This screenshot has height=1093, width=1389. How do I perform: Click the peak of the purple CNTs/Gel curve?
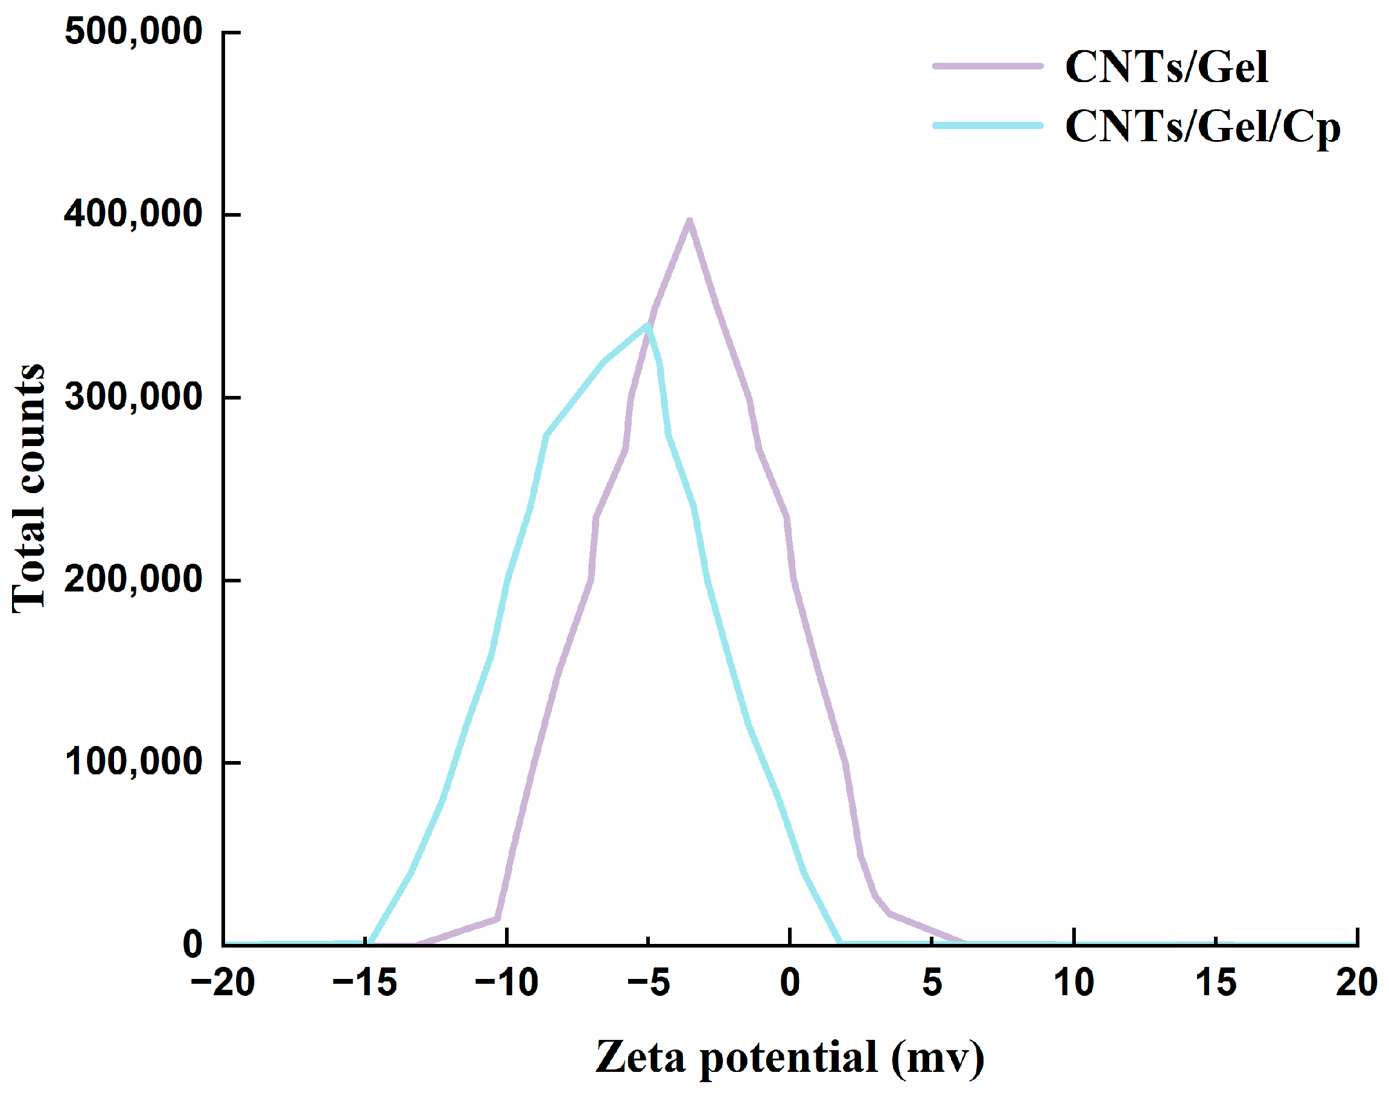pyautogui.click(x=689, y=222)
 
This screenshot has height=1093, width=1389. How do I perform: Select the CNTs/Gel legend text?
pyautogui.click(x=1166, y=66)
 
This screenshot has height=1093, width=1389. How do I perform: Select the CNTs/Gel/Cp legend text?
pyautogui.click(x=1202, y=126)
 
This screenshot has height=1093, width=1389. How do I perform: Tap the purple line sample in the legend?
pyautogui.click(x=987, y=66)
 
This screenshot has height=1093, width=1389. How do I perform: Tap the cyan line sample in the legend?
pyautogui.click(x=987, y=126)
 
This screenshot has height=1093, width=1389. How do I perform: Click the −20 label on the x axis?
pyautogui.click(x=223, y=983)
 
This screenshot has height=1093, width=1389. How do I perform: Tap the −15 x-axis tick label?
pyautogui.click(x=364, y=983)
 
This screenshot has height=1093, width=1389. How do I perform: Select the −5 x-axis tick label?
pyautogui.click(x=648, y=983)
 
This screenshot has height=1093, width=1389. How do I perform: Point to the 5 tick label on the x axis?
pyautogui.click(x=932, y=983)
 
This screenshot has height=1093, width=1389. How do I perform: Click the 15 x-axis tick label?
pyautogui.click(x=1215, y=983)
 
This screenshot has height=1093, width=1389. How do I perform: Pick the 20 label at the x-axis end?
pyautogui.click(x=1356, y=983)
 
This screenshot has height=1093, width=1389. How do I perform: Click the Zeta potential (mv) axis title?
pyautogui.click(x=789, y=1057)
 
